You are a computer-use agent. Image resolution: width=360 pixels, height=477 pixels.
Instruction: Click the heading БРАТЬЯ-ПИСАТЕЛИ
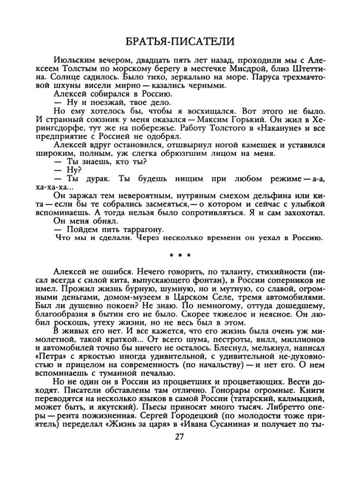180,42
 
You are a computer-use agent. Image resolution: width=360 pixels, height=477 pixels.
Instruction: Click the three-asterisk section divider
180,257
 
